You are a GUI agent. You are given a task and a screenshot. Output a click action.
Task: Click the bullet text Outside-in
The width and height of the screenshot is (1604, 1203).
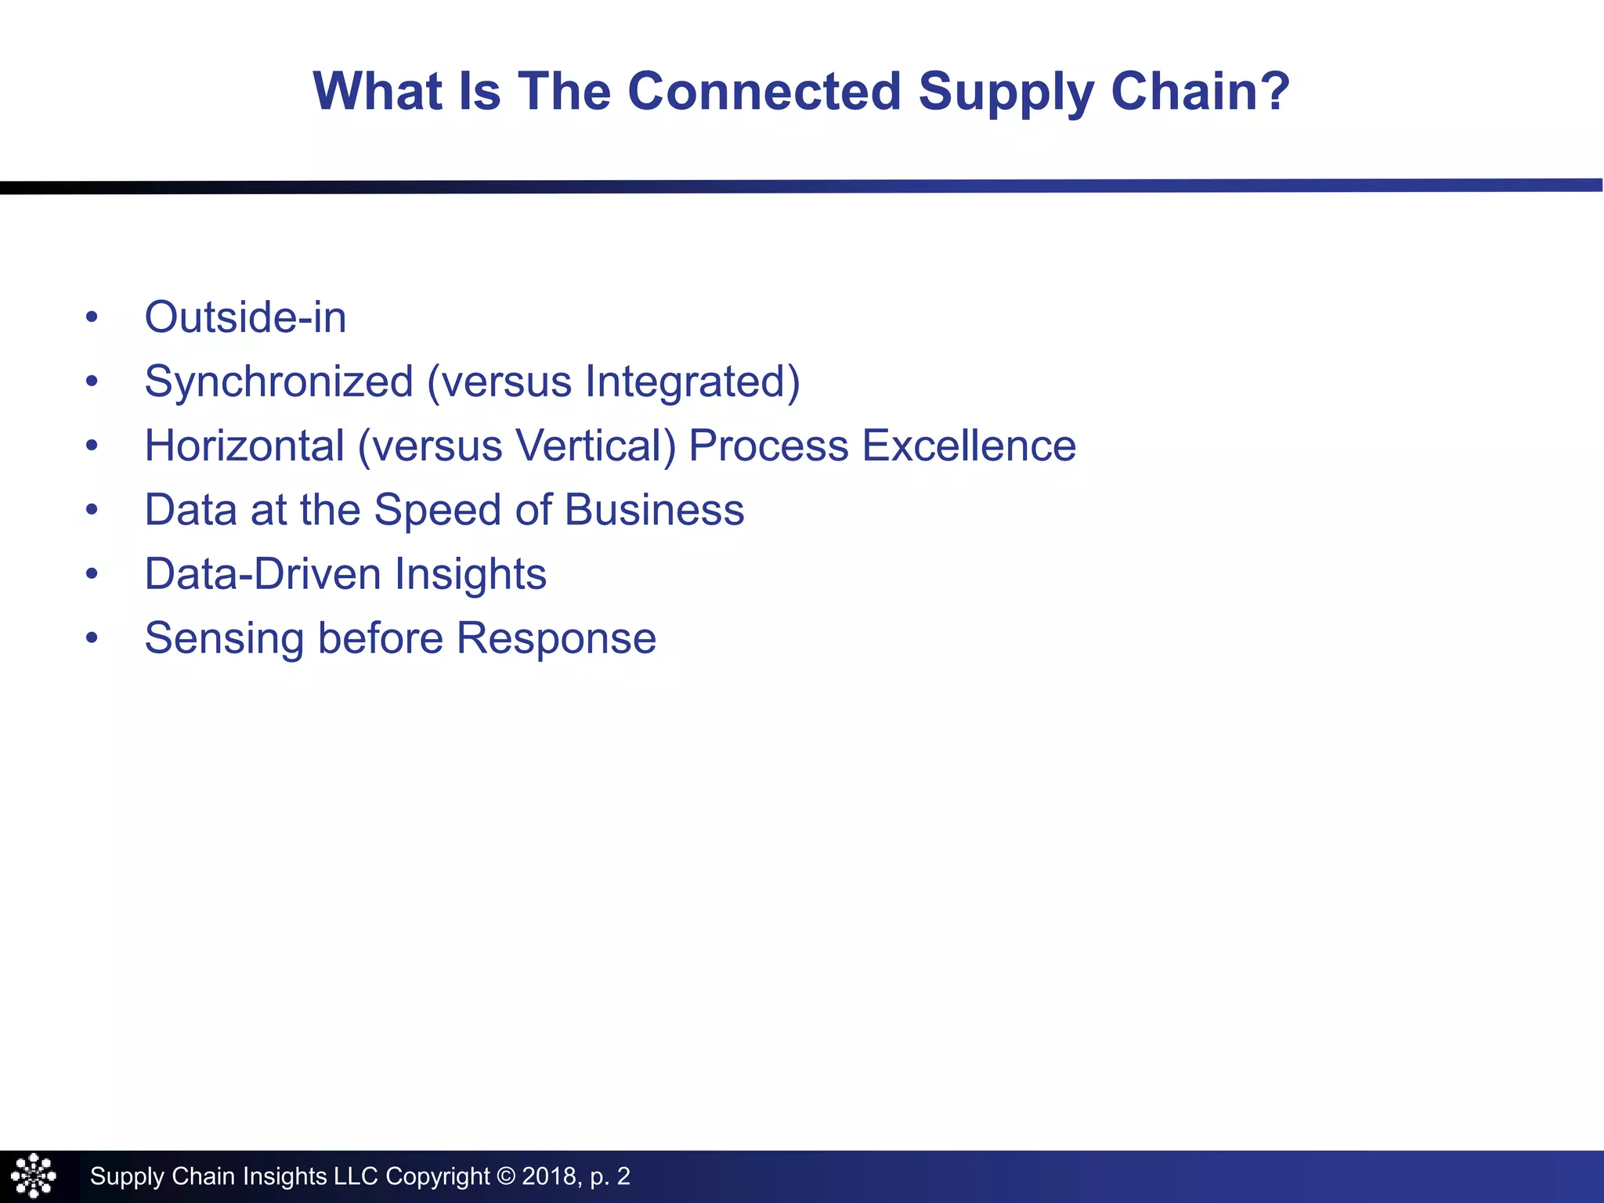click(x=245, y=317)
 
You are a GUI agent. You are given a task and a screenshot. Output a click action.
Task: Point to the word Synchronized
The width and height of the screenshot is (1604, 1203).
click(x=279, y=382)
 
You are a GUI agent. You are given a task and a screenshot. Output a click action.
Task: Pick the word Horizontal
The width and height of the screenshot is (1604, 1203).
click(x=244, y=446)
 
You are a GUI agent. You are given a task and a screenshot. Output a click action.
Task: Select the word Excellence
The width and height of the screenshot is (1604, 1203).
click(x=969, y=446)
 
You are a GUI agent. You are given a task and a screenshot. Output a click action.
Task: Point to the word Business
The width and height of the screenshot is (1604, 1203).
click(x=654, y=510)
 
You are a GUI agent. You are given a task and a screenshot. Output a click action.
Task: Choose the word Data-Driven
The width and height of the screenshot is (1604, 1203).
click(x=263, y=574)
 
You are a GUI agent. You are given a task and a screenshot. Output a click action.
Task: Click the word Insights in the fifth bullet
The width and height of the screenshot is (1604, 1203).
click(x=470, y=574)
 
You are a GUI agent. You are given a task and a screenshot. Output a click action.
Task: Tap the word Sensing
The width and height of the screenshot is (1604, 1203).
click(x=224, y=638)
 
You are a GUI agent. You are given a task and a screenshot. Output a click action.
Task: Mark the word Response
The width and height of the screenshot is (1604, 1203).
click(x=556, y=638)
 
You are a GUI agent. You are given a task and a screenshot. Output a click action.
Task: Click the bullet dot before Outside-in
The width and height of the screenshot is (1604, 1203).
click(x=92, y=317)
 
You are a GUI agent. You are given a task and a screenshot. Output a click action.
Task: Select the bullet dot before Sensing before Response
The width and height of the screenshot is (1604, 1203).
click(x=92, y=638)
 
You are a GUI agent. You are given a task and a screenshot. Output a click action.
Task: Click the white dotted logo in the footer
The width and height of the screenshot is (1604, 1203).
click(x=34, y=1176)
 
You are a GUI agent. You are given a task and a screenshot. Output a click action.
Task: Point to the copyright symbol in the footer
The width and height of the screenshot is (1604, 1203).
click(x=506, y=1176)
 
